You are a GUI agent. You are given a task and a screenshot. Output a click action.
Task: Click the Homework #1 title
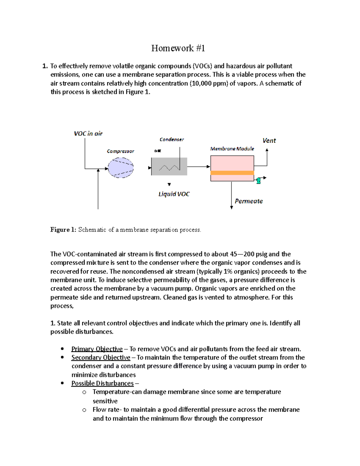click(178, 48)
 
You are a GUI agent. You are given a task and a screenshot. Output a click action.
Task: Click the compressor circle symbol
click(121, 168)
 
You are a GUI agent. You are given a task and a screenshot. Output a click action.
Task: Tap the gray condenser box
click(169, 167)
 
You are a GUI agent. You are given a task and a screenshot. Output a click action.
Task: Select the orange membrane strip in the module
click(232, 173)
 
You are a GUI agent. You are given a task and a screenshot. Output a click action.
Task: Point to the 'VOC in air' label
click(88, 134)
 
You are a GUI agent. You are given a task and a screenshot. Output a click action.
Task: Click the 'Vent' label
click(269, 140)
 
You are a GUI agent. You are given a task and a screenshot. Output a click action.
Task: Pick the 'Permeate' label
click(249, 201)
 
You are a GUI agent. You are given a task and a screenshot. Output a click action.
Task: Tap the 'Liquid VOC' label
click(174, 194)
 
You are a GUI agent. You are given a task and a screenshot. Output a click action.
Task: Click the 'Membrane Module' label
click(232, 149)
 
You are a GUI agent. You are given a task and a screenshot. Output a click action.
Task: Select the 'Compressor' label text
click(120, 151)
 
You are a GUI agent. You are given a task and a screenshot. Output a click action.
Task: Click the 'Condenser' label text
click(172, 140)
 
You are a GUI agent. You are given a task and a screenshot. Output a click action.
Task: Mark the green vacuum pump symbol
click(258, 180)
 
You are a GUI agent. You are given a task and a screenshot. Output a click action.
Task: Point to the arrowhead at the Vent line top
click(267, 150)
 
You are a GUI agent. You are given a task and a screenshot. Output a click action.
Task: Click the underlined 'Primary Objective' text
click(97, 349)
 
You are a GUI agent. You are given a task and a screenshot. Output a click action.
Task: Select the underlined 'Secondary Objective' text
click(101, 357)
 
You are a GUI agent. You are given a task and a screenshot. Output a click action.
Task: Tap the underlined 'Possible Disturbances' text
click(102, 383)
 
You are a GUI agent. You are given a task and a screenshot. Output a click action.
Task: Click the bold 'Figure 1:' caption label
click(63, 230)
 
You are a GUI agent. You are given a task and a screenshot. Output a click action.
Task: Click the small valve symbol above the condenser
click(157, 151)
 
